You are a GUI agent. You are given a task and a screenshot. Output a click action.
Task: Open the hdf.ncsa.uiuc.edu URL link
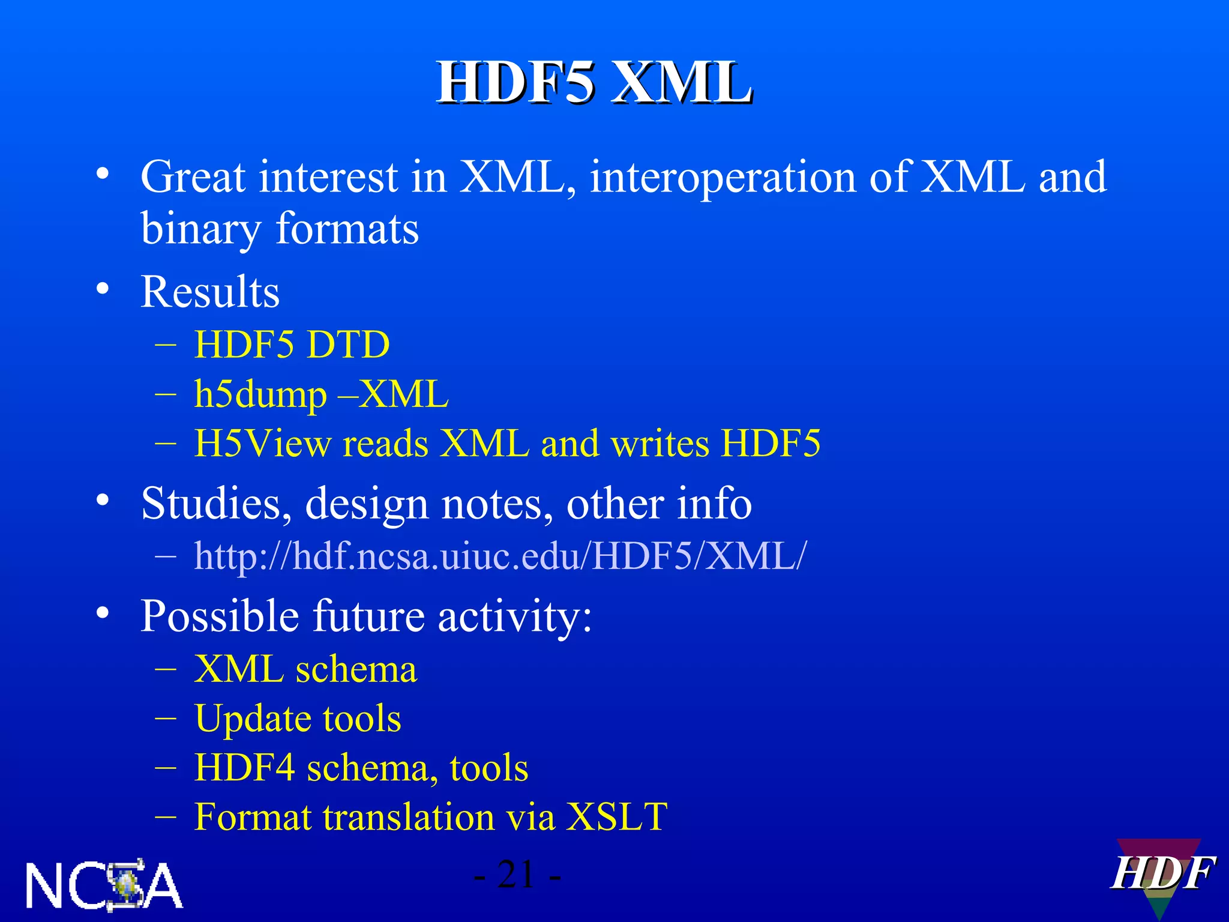pyautogui.click(x=500, y=556)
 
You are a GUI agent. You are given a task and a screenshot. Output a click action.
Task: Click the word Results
pyautogui.click(x=210, y=292)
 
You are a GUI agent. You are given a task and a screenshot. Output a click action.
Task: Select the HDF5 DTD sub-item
pyautogui.click(x=292, y=345)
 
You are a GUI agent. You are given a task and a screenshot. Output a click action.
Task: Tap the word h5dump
pyautogui.click(x=260, y=395)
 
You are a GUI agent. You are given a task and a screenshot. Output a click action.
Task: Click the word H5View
pyautogui.click(x=262, y=444)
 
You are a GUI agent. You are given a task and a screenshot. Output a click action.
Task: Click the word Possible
pyautogui.click(x=219, y=616)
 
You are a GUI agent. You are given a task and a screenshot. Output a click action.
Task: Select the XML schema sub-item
pyautogui.click(x=305, y=669)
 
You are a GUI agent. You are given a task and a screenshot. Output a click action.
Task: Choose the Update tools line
pyautogui.click(x=298, y=719)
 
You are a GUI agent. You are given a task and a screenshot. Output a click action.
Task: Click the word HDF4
pyautogui.click(x=245, y=768)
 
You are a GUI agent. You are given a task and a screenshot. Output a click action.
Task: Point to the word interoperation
pyautogui.click(x=723, y=178)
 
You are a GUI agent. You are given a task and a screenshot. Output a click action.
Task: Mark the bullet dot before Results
pyautogui.click(x=103, y=289)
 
